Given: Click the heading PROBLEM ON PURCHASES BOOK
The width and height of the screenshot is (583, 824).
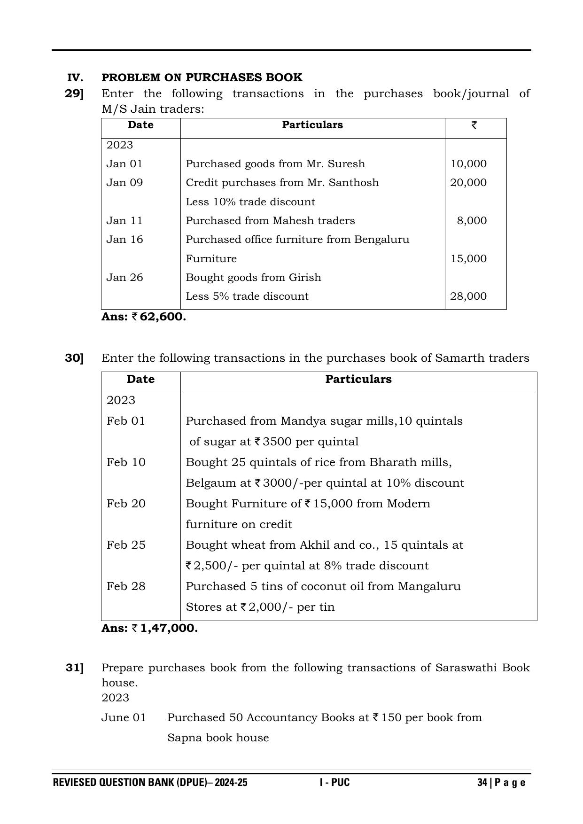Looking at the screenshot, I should click(x=202, y=78).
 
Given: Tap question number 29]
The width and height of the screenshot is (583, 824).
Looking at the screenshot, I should click(x=74, y=93).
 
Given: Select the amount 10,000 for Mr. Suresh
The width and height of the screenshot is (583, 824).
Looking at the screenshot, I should click(x=468, y=164).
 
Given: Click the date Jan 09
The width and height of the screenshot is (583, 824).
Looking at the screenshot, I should click(x=124, y=183).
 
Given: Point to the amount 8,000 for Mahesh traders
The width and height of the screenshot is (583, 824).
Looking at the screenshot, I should click(x=472, y=221).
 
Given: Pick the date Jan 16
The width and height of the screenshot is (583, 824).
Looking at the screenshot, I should click(x=124, y=240).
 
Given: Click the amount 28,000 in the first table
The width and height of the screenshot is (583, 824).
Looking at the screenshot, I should click(x=468, y=296).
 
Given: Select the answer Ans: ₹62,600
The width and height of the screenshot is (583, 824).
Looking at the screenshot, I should click(x=144, y=317).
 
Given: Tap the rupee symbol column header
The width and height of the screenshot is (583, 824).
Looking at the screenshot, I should click(x=474, y=125).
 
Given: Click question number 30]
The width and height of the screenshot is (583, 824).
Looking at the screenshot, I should click(x=74, y=358).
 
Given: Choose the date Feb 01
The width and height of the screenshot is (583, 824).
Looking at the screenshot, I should click(x=126, y=421).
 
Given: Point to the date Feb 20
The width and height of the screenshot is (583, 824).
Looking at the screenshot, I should click(x=126, y=504).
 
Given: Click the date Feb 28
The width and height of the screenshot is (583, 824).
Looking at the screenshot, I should click(x=126, y=586).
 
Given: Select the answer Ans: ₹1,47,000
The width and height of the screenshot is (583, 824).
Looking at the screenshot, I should click(x=149, y=628).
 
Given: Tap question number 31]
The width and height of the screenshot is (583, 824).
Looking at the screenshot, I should click(x=74, y=668).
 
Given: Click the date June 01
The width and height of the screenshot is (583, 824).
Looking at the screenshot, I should click(x=124, y=718).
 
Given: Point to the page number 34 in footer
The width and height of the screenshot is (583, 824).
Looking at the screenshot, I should click(x=482, y=783).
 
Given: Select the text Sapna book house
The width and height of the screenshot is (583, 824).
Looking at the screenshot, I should click(x=218, y=738).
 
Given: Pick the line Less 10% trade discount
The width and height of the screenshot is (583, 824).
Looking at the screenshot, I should click(x=250, y=202).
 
